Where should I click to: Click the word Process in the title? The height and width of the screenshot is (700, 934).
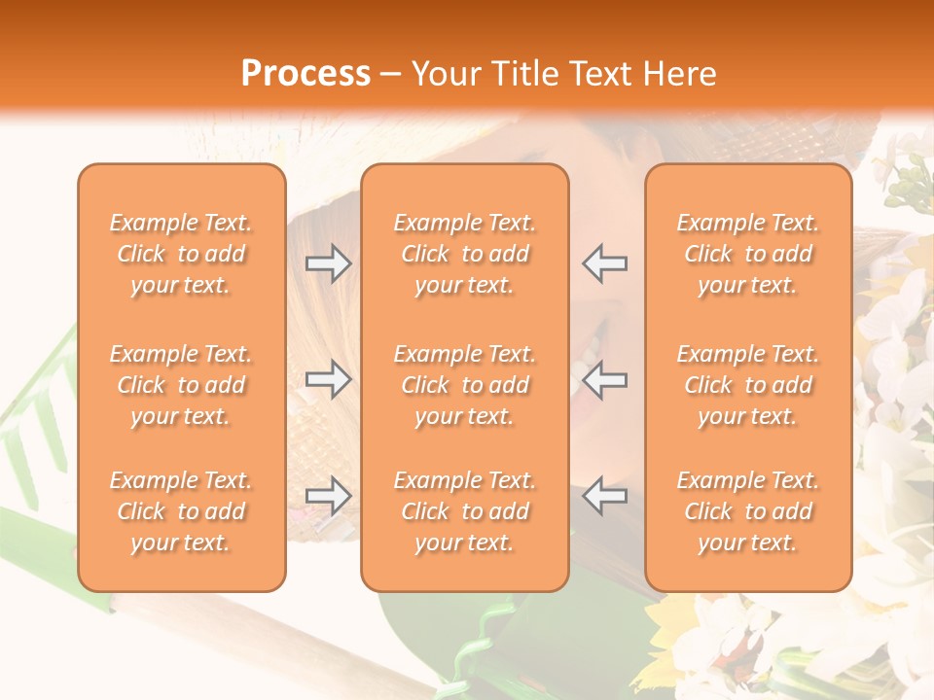coord(305,74)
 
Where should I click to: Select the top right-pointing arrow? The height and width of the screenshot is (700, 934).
coord(328,263)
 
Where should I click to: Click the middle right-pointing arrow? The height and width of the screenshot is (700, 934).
coord(328,379)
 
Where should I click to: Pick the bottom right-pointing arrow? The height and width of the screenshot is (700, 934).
coord(328,496)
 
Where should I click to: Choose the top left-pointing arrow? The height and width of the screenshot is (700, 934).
coord(604,262)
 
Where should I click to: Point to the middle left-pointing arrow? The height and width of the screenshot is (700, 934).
coord(604,379)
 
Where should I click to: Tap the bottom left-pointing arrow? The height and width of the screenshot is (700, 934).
coord(604,496)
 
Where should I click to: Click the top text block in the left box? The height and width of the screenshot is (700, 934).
coord(181,254)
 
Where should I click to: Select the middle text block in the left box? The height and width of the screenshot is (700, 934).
coord(181,385)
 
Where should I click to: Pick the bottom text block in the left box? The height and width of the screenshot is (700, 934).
coord(181,511)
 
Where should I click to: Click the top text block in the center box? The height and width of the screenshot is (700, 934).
coord(464,254)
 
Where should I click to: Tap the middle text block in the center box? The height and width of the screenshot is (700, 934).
coord(464,385)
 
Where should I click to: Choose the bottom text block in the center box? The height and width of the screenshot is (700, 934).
coord(464,511)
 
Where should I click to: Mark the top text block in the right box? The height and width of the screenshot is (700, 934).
coord(748,254)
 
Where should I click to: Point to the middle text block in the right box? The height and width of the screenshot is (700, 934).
coord(748,385)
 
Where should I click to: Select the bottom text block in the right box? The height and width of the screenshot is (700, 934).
coord(748,511)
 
